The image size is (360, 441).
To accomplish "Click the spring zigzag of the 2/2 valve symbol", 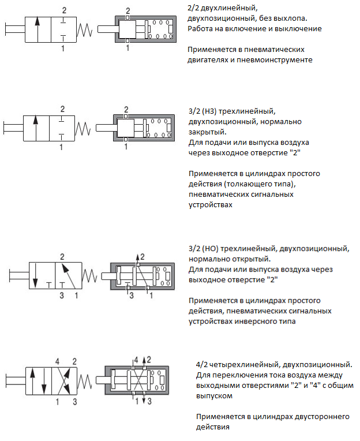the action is point(85,30).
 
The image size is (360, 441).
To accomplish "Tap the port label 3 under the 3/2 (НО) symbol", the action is point(62,296).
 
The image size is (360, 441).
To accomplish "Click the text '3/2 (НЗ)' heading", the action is point(202,111).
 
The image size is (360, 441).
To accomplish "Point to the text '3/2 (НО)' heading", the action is point(203,249).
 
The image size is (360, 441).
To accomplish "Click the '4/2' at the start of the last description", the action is point(202,365).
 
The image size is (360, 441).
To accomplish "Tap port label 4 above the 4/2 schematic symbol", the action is point(57,361).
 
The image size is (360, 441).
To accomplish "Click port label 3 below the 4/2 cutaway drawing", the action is point(149,401).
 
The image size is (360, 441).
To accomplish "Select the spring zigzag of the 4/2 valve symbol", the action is point(85,382).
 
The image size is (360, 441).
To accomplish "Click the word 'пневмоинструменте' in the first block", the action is point(274,60).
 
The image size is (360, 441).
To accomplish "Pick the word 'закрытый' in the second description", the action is point(207,132).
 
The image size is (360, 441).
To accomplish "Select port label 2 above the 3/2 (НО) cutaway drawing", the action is point(142,256).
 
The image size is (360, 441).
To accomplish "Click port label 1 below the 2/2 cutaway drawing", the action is point(128,48).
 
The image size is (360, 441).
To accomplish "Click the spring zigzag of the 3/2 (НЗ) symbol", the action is point(83,129).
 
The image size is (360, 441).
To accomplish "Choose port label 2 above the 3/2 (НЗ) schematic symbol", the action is point(62,109).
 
